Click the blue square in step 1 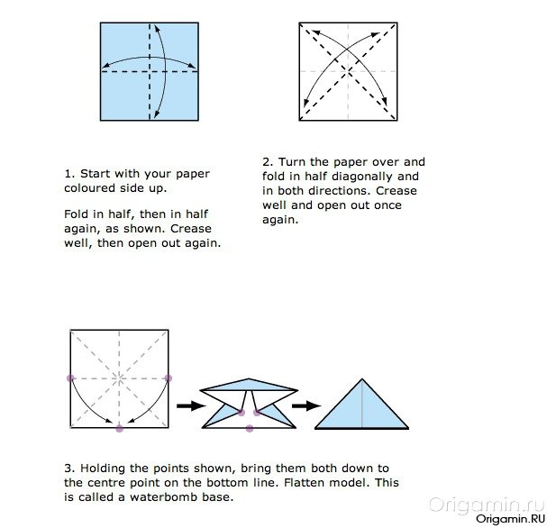point(150,71)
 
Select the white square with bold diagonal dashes point(348,71)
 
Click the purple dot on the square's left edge point(70,378)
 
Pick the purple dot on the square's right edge point(169,378)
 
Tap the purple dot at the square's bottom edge point(120,428)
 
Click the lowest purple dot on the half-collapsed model point(250,428)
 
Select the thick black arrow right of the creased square point(191,405)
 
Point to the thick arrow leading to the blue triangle point(306,405)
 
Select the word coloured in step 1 point(90,188)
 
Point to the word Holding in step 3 point(103,469)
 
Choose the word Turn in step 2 point(292,162)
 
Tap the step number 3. point(69,469)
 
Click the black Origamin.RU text point(510,519)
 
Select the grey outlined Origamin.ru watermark point(486,505)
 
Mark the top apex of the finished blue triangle point(362,378)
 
